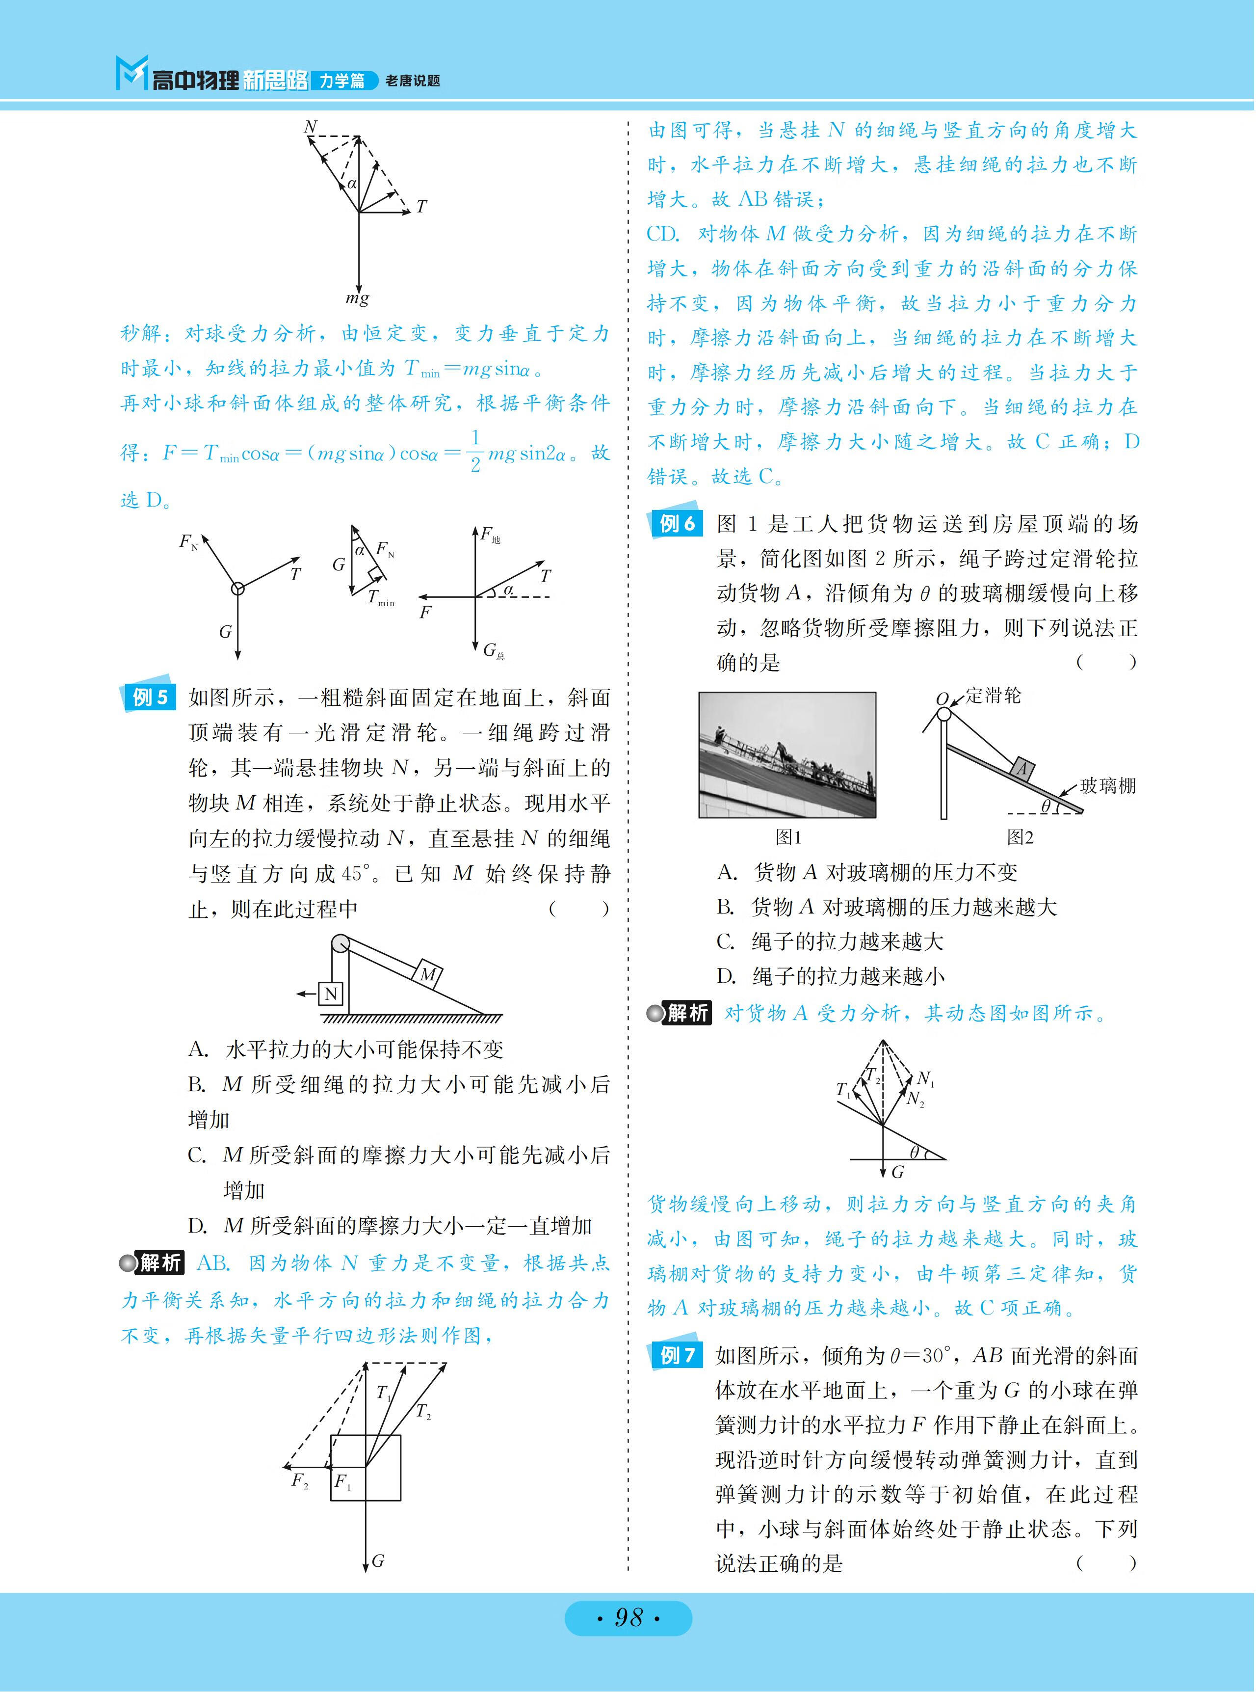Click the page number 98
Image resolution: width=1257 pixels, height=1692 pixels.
628,1617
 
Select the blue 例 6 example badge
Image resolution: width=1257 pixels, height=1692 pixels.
676,522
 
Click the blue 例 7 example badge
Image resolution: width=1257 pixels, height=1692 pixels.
676,1354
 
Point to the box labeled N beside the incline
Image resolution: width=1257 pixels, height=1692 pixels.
331,994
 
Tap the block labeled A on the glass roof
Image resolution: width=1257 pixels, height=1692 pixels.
1022,770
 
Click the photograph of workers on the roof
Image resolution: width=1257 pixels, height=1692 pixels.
787,755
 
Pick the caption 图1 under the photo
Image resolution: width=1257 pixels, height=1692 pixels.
788,837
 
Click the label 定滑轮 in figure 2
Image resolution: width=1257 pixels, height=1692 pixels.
994,696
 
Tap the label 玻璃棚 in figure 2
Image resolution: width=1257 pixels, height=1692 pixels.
1108,785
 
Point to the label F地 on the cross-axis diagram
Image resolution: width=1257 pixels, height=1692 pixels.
490,535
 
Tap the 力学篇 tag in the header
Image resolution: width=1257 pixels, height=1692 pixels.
342,81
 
